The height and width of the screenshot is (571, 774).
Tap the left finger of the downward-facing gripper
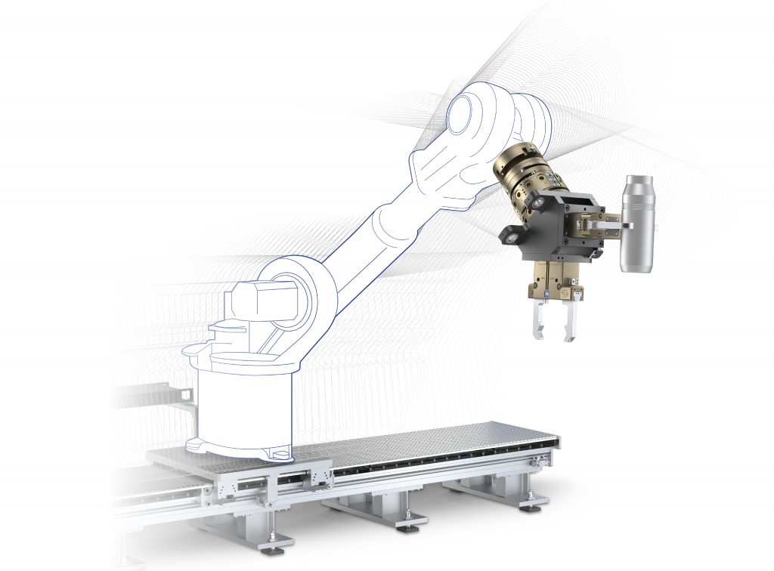pos(540,321)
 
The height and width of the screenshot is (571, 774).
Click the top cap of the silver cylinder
pos(639,181)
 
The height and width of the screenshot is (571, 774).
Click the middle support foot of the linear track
pos(408,518)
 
